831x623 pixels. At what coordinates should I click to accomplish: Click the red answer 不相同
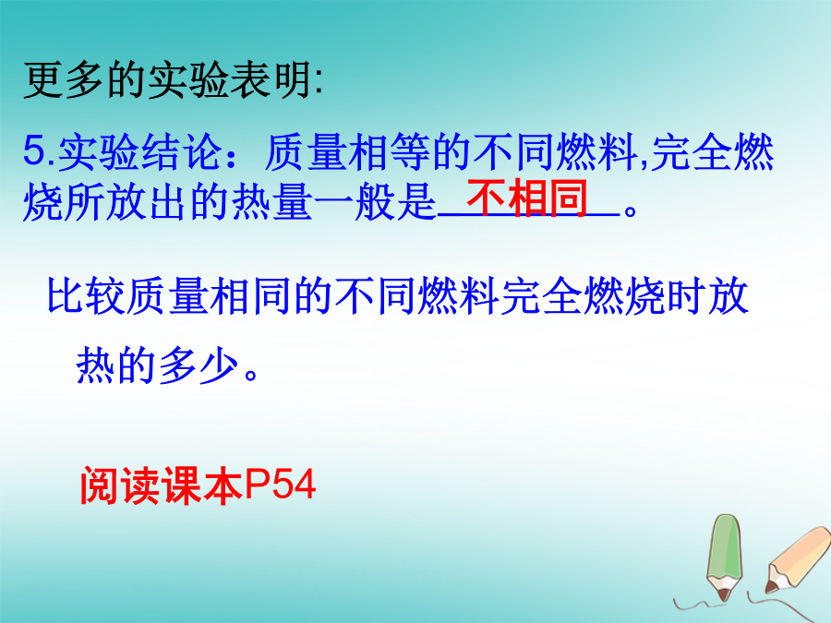[x=527, y=198]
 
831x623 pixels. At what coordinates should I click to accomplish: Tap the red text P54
[x=280, y=484]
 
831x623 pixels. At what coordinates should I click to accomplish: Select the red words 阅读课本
[x=162, y=485]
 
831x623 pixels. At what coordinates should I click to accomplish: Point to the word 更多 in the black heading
[x=65, y=80]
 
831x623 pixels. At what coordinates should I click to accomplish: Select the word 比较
[x=88, y=295]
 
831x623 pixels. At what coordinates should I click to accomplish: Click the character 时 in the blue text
[x=686, y=295]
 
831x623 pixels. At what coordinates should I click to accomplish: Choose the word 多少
[x=199, y=365]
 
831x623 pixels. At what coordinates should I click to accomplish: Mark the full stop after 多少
[x=252, y=375]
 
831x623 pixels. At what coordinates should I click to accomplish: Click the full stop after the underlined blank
[x=631, y=210]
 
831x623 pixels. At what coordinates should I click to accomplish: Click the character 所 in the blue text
[x=85, y=202]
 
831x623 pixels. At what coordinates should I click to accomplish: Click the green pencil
[x=724, y=557]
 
